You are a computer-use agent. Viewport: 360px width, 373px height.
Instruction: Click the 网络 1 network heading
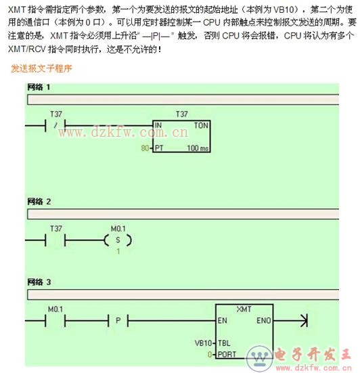[39, 87]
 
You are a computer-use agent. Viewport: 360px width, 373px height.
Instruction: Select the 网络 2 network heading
[39, 202]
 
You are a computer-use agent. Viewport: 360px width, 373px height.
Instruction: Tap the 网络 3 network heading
[39, 282]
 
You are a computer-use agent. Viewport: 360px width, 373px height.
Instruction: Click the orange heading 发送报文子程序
[41, 68]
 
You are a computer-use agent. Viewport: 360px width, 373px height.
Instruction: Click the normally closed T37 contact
[55, 125]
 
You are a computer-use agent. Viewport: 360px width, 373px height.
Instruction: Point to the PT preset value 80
[145, 148]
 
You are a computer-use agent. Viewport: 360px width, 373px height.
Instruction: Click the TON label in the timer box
[201, 125]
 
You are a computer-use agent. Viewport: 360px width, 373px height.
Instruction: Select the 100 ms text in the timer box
[198, 148]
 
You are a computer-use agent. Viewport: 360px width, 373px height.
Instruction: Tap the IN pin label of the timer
[158, 125]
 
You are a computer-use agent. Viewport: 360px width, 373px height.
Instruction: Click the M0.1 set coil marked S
[118, 240]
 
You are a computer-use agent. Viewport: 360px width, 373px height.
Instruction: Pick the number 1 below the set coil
[118, 251]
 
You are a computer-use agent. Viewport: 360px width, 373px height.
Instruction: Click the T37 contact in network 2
[55, 240]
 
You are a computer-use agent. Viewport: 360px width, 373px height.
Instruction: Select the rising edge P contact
[118, 320]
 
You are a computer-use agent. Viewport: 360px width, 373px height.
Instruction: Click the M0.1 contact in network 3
[55, 320]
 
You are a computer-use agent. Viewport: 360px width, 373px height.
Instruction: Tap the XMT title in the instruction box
[244, 309]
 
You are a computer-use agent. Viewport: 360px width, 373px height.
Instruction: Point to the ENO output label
[264, 320]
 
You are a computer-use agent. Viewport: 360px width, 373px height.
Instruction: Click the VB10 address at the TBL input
[203, 343]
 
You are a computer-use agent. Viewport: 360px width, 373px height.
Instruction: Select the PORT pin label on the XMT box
[227, 355]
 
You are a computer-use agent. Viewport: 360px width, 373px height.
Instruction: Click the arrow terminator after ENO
[304, 320]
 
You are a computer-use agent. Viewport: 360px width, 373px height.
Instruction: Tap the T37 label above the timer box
[182, 114]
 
